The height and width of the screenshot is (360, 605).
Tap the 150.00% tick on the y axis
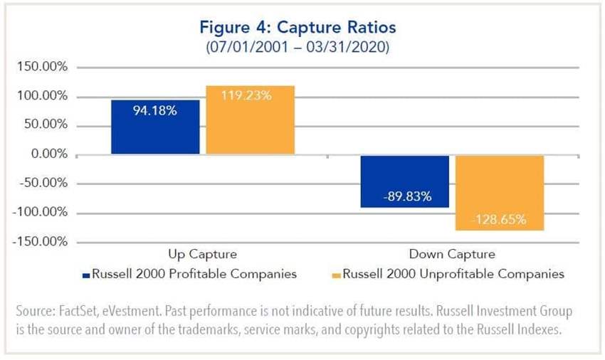coord(41,68)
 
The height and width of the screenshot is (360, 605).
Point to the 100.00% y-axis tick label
coord(41,97)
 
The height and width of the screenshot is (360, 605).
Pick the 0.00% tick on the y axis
coord(46,154)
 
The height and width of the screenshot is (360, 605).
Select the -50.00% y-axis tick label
coord(42,184)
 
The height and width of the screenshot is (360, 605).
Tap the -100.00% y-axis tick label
coord(39,213)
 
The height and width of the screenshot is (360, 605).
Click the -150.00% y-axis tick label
coord(39,242)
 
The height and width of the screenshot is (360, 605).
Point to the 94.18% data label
coord(155,111)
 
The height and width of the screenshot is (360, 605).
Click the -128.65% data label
coord(499,220)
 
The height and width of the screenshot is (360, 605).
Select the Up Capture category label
coord(202,254)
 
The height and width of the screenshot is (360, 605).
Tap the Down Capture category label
coord(451,254)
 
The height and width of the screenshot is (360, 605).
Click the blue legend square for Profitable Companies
coord(86,274)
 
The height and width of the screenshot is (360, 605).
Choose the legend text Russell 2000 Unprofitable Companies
coord(453,273)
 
